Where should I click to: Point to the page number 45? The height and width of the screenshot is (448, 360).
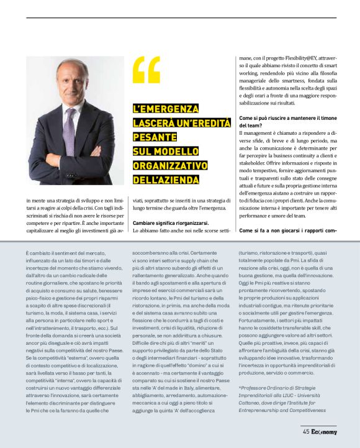(x=306, y=431)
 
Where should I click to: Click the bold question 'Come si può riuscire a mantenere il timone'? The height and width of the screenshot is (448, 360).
(x=287, y=117)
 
